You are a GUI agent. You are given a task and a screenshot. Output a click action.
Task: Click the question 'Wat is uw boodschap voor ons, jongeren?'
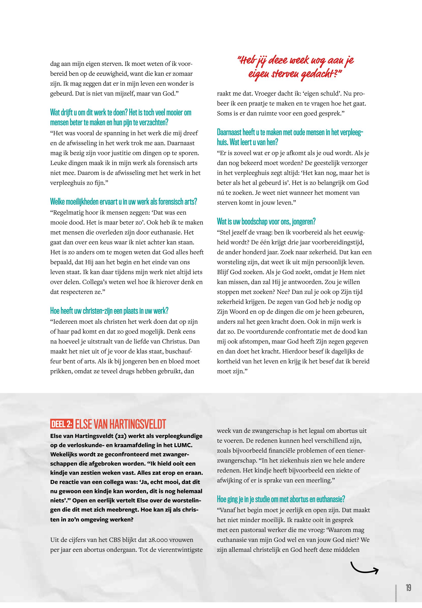coord(266,221)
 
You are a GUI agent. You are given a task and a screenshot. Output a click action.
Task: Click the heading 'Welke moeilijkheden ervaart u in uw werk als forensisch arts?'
coord(124,202)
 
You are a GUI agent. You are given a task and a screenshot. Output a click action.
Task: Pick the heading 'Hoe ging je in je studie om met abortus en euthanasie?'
coord(281,499)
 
